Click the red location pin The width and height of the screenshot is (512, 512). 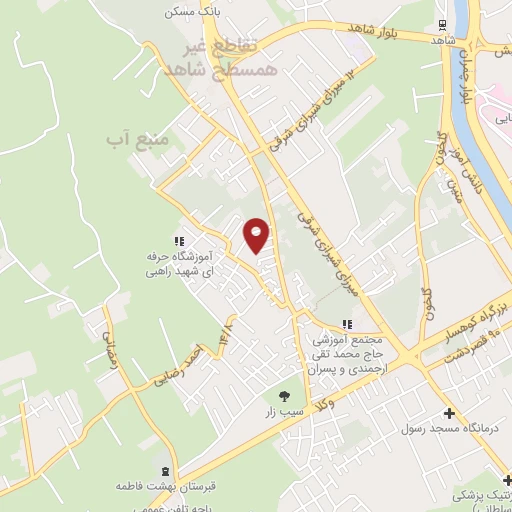(257, 235)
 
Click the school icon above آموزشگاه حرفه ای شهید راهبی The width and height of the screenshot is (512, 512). (179, 241)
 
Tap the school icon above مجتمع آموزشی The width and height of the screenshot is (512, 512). (347, 324)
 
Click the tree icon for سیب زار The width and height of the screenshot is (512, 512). (284, 395)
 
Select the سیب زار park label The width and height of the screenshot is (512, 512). (283, 411)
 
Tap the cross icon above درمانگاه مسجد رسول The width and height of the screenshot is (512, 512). (449, 413)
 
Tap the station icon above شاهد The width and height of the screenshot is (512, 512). (442, 26)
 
